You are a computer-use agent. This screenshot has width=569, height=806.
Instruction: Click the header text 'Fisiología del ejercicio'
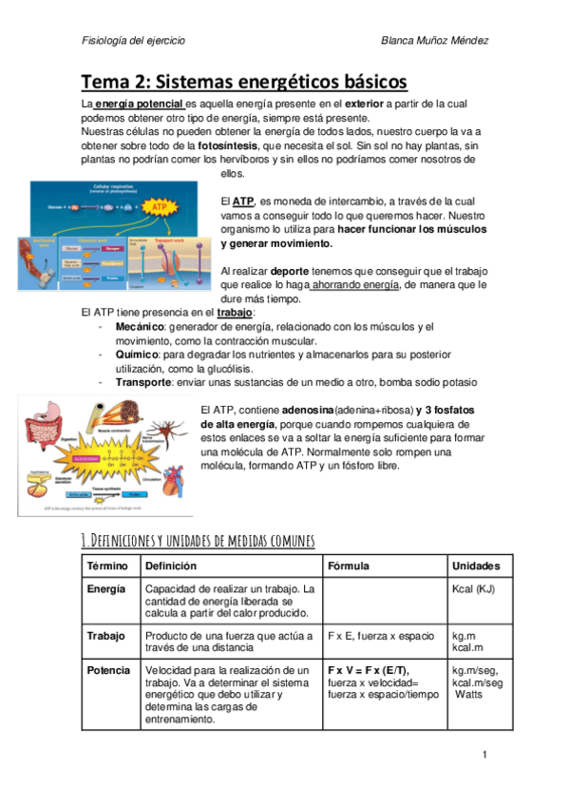[x=134, y=41]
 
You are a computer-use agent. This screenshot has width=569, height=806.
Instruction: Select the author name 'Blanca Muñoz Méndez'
[x=433, y=41]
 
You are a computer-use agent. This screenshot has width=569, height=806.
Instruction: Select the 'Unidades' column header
[x=477, y=566]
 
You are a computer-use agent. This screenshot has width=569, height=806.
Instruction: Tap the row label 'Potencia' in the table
[x=107, y=670]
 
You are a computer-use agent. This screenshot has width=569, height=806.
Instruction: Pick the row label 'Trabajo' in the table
[x=105, y=634]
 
